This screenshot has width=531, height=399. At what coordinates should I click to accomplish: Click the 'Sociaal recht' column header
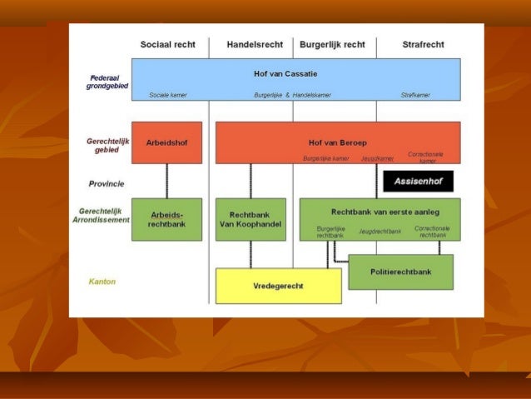pos(166,44)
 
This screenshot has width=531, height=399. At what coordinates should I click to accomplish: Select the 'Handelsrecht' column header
pos(254,44)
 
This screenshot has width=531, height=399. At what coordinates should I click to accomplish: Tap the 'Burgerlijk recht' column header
pos(332,44)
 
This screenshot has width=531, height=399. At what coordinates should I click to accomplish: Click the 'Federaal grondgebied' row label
pos(106,82)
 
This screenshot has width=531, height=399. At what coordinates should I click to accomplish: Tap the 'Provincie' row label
pos(107,183)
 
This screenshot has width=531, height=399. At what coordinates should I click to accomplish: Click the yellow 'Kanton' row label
pos(102,282)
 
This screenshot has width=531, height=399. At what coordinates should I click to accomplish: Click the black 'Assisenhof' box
pos(418,181)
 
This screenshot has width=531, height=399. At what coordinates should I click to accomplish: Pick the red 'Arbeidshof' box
pos(166,142)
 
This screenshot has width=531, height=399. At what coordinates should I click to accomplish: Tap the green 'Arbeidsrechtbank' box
pos(166,219)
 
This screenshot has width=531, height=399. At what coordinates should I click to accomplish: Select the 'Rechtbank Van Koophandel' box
pos(251,219)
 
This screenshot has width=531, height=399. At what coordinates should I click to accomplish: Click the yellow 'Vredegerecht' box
pos(278,286)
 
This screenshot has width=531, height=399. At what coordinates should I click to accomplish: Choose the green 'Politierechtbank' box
pos(400,272)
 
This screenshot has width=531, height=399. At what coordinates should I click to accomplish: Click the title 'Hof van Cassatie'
pos(285,73)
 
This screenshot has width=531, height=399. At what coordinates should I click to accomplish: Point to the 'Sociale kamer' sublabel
pos(168,95)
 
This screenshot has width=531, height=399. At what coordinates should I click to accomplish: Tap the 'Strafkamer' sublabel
pos(415,95)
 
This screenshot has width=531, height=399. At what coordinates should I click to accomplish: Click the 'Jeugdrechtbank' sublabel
pos(380,231)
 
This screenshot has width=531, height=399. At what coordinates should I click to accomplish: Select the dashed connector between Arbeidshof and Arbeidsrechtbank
pos(166,181)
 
